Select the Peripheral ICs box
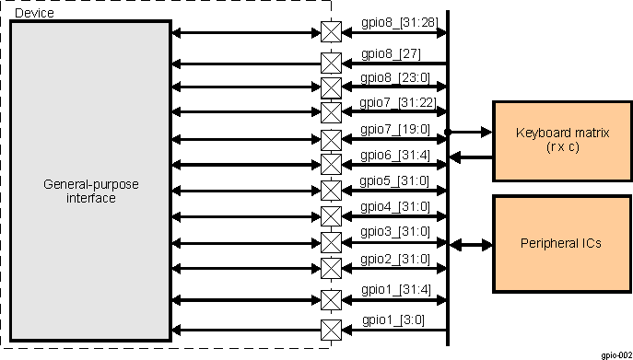point(561,244)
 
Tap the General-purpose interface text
point(91,192)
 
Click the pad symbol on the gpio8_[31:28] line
point(330,32)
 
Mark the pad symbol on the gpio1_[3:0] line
point(330,330)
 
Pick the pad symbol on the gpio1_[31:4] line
point(330,300)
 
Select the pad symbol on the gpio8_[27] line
point(330,64)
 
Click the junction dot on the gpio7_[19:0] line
point(449,133)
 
